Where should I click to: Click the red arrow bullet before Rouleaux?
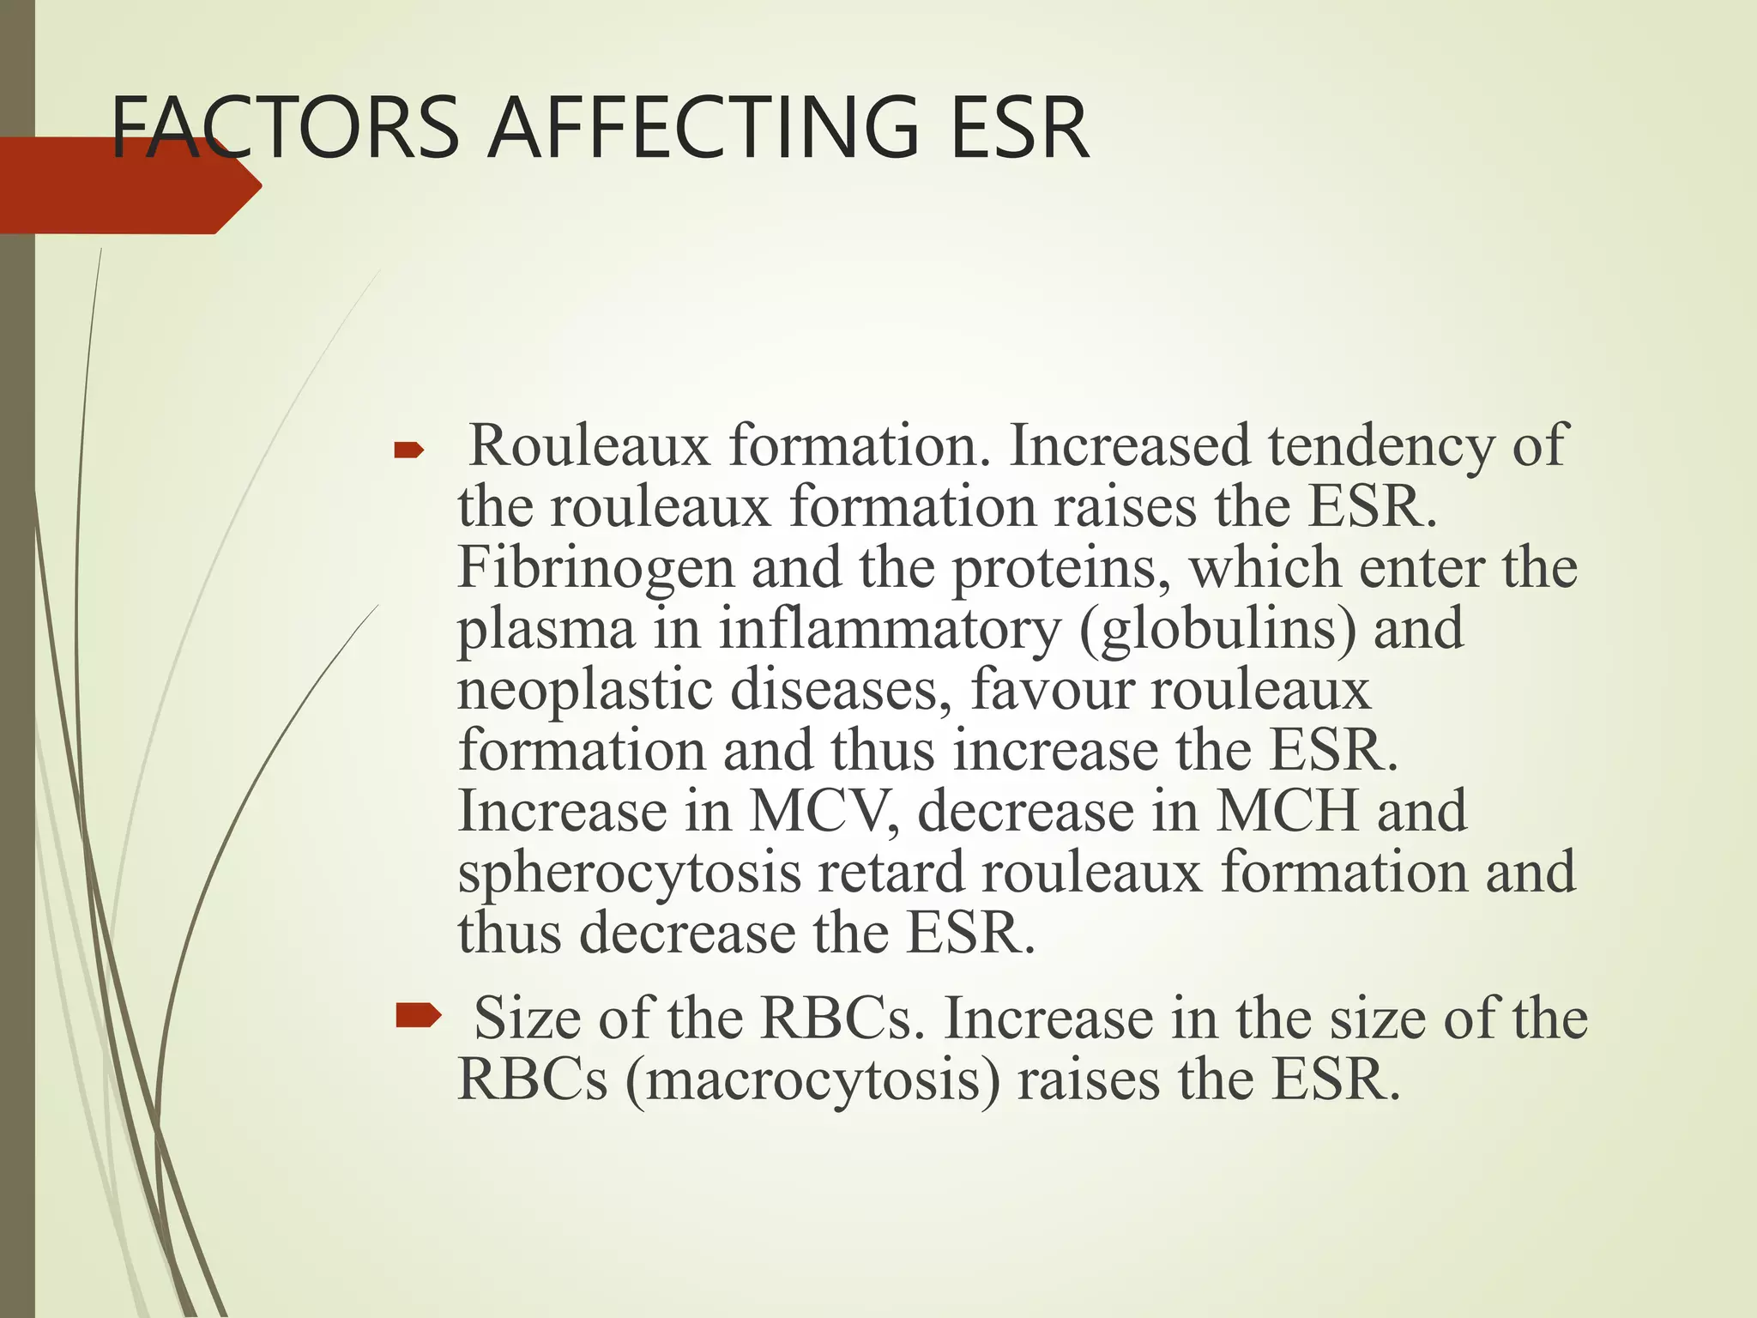click(409, 449)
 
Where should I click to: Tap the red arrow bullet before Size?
click(418, 1018)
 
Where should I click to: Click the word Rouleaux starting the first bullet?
click(590, 445)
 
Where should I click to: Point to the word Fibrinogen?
click(595, 567)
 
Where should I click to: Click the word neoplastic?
click(584, 690)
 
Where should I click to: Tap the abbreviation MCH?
click(1288, 811)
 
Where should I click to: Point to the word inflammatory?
click(889, 628)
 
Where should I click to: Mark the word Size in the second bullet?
click(527, 1018)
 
